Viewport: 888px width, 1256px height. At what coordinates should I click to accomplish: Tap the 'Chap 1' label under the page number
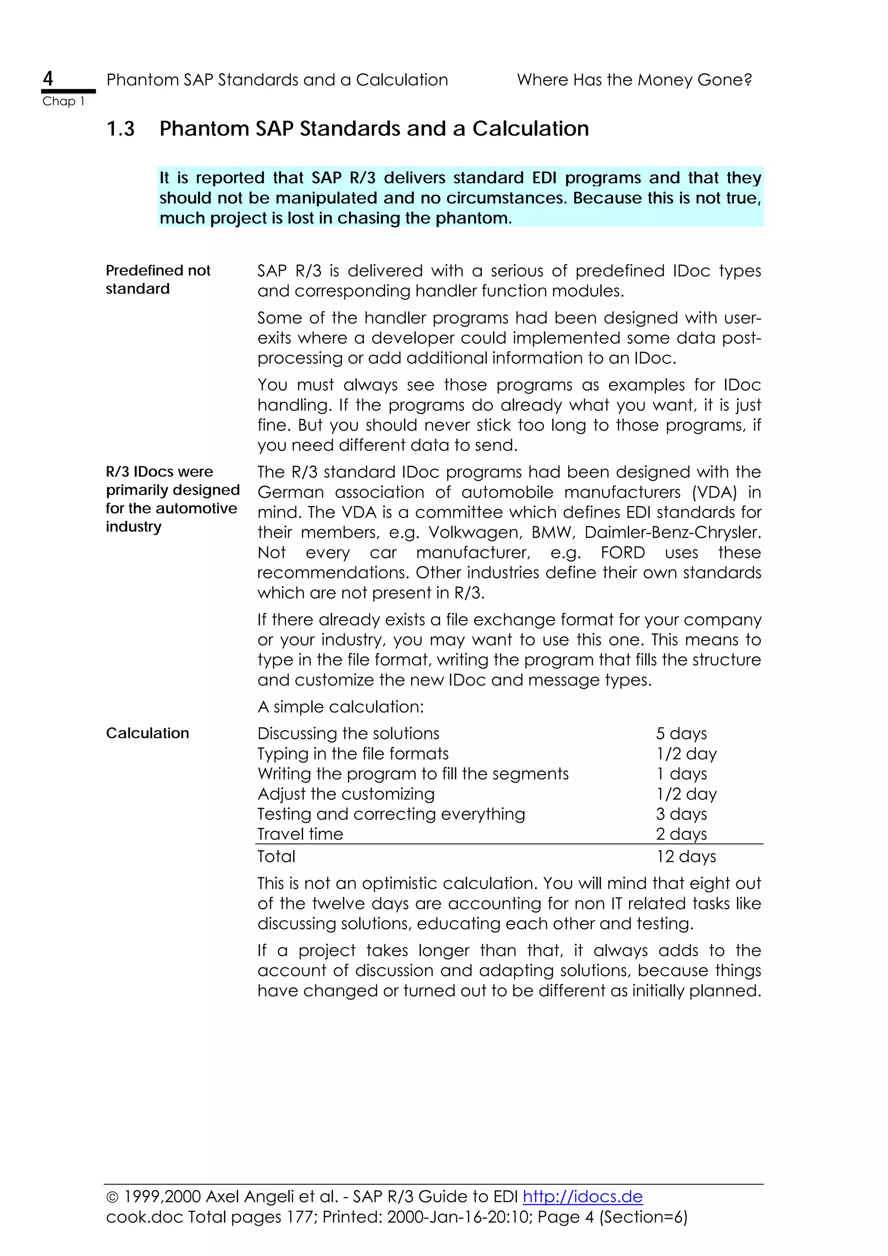click(x=63, y=101)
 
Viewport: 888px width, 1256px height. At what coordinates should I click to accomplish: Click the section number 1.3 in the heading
click(x=121, y=129)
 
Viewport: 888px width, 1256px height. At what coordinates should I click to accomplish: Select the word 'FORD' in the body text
click(x=622, y=553)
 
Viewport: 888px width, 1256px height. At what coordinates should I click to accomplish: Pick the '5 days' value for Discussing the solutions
click(x=681, y=734)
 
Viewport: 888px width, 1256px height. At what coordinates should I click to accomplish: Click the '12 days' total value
click(x=686, y=857)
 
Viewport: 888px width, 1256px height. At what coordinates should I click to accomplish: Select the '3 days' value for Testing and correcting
click(x=681, y=814)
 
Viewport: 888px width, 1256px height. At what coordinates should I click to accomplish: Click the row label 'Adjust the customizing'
click(x=346, y=794)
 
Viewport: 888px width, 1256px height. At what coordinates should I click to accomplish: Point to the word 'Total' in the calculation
click(x=276, y=857)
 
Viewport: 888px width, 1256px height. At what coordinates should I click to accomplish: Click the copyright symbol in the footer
click(x=112, y=1197)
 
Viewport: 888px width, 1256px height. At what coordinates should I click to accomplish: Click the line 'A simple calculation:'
click(x=340, y=707)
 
